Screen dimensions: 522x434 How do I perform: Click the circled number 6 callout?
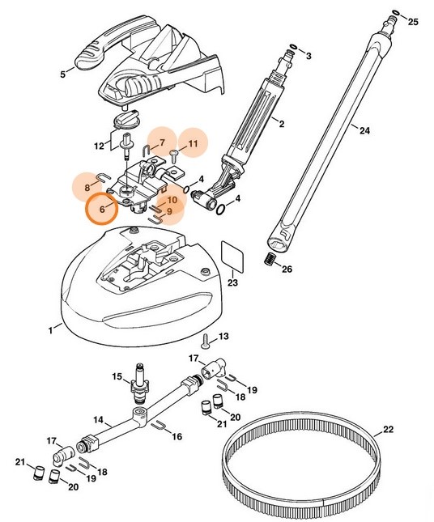[x=102, y=209]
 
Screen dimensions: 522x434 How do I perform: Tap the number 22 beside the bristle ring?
[x=388, y=429]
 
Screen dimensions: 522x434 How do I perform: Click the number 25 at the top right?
[x=414, y=22]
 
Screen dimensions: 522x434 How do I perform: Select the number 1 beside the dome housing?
[x=50, y=329]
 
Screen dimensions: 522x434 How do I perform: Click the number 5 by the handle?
[x=62, y=74]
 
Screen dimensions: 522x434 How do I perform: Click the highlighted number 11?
[x=193, y=143]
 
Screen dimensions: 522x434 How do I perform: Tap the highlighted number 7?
[x=161, y=143]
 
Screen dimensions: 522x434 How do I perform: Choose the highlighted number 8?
[x=87, y=187]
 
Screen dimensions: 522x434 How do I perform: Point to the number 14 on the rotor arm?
[x=96, y=420]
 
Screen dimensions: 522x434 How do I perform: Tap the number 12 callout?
[x=99, y=146]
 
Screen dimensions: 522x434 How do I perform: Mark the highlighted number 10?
[x=172, y=201]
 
